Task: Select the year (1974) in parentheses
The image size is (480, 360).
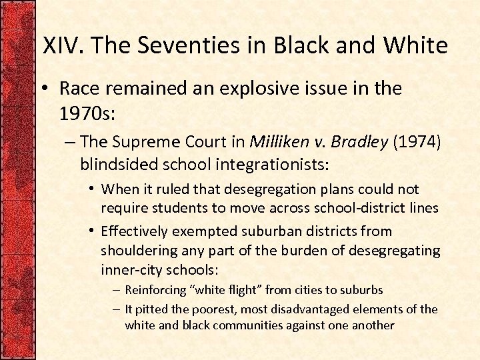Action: point(415,141)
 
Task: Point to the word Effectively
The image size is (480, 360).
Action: point(136,231)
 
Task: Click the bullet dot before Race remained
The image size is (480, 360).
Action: point(47,88)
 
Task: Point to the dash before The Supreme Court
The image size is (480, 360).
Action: point(71,142)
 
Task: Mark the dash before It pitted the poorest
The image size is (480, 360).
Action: point(116,309)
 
